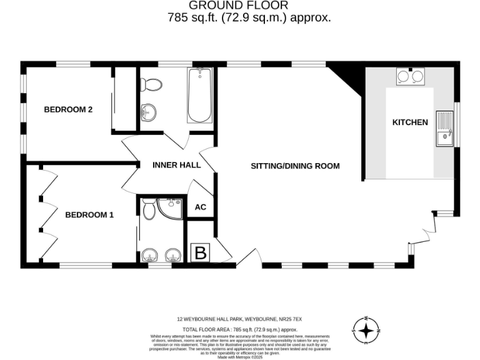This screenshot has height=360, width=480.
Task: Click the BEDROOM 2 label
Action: [x=68, y=109]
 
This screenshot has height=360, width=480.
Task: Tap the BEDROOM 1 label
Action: [x=89, y=215]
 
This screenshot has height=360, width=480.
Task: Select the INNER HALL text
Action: [x=177, y=165]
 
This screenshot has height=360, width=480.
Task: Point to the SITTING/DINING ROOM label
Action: [x=295, y=166]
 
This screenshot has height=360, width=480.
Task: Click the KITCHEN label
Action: [x=410, y=122]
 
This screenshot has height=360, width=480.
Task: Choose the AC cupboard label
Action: [x=201, y=207]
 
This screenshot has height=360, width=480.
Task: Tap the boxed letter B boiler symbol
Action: [x=201, y=252]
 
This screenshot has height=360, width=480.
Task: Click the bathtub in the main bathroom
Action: [x=200, y=96]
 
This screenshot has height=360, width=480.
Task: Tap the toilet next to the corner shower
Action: [x=148, y=209]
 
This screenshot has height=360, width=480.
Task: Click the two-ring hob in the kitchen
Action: [x=409, y=76]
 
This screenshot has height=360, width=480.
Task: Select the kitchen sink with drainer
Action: [x=445, y=127]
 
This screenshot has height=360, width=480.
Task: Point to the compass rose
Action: [x=367, y=329]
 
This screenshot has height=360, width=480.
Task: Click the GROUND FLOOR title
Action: [x=249, y=6]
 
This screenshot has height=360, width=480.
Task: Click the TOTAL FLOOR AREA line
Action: [x=239, y=329]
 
